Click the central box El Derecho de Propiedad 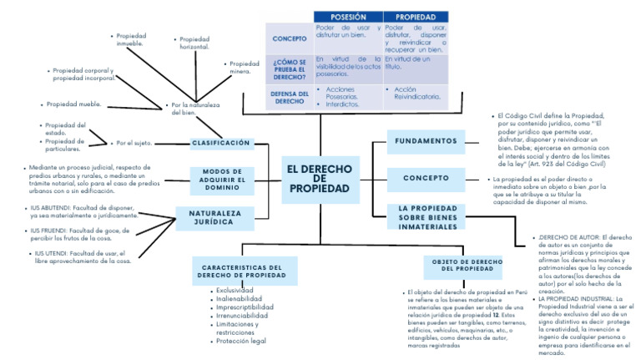[320, 179]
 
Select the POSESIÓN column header [348, 17]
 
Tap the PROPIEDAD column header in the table [415, 17]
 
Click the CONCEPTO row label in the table [289, 38]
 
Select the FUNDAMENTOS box [426, 141]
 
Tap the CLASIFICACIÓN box [221, 144]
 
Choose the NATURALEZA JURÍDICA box [209, 218]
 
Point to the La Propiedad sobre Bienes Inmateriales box [429, 218]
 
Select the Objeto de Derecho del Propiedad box [467, 265]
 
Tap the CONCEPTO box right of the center [426, 178]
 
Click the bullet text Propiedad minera [245, 67]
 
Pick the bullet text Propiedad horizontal [194, 43]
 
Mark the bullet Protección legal [241, 341]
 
